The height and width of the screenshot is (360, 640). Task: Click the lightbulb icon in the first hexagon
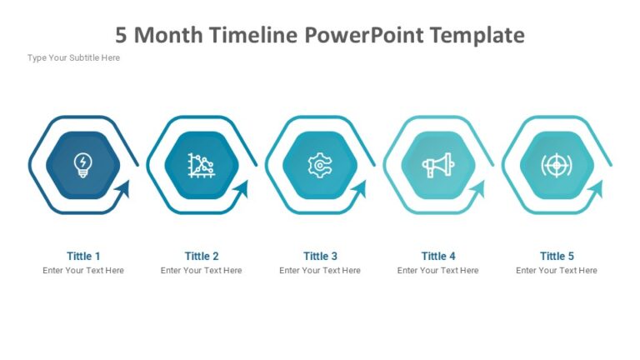click(x=83, y=164)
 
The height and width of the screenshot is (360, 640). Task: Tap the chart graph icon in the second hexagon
click(x=201, y=165)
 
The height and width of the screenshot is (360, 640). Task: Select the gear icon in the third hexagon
click(x=319, y=166)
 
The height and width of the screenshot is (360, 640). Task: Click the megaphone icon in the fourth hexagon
click(x=437, y=166)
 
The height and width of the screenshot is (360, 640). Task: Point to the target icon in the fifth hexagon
click(x=556, y=165)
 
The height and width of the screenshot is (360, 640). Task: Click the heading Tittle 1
click(x=83, y=256)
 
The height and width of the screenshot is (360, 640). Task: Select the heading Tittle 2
click(x=202, y=256)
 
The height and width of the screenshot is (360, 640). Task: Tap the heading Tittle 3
click(x=320, y=256)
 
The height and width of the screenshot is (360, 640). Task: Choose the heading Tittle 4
click(x=438, y=256)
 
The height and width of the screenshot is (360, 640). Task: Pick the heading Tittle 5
click(x=557, y=256)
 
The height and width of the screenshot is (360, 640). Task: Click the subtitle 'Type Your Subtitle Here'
click(x=73, y=57)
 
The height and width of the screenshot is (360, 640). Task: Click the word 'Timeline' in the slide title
click(x=255, y=35)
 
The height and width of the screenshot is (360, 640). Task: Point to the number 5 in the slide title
click(x=122, y=35)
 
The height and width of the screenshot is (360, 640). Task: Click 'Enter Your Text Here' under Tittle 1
click(x=83, y=270)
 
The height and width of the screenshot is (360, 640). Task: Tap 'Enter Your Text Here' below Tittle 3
click(x=320, y=270)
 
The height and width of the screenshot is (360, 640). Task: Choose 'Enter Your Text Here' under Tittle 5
click(x=557, y=270)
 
